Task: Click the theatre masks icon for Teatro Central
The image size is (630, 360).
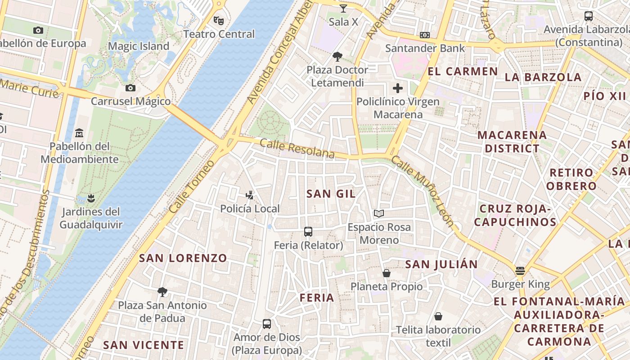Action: click(219, 20)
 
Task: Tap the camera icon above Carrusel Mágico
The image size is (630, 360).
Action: click(130, 88)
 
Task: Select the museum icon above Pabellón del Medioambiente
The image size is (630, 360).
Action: click(80, 133)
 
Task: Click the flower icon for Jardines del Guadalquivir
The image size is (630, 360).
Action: click(91, 198)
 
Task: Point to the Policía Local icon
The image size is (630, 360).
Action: click(250, 195)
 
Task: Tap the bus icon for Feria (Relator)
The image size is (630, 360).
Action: click(308, 232)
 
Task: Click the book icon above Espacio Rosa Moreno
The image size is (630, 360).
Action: click(379, 213)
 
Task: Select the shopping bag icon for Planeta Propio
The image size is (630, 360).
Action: click(386, 273)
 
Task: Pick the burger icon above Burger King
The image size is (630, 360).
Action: click(520, 271)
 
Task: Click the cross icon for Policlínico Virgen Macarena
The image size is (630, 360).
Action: click(398, 88)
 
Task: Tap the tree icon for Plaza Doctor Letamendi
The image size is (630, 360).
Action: click(337, 56)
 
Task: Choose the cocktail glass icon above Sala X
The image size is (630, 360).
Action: click(343, 8)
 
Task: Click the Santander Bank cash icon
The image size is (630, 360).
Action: click(424, 35)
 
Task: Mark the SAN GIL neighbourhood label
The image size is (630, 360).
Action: click(331, 194)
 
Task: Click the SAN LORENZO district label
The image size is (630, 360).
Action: click(183, 258)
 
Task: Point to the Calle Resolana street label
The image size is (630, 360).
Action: click(297, 149)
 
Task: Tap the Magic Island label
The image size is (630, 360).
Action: click(139, 46)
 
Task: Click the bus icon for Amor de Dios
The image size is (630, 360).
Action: click(267, 324)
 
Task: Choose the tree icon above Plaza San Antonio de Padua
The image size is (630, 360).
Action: click(162, 292)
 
